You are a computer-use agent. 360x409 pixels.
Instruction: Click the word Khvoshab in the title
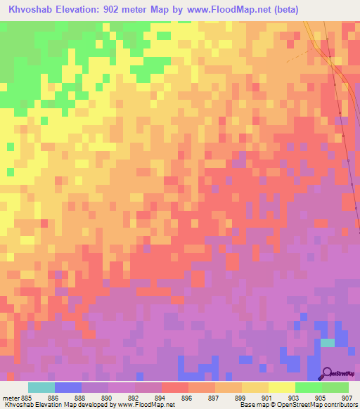[x=32, y=10]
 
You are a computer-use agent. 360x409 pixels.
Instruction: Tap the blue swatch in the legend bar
[x=67, y=387]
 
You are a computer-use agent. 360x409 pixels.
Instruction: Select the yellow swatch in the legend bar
[x=281, y=387]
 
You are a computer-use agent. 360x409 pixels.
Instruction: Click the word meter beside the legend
[x=11, y=398]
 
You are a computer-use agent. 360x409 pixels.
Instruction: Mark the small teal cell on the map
[x=328, y=342]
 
